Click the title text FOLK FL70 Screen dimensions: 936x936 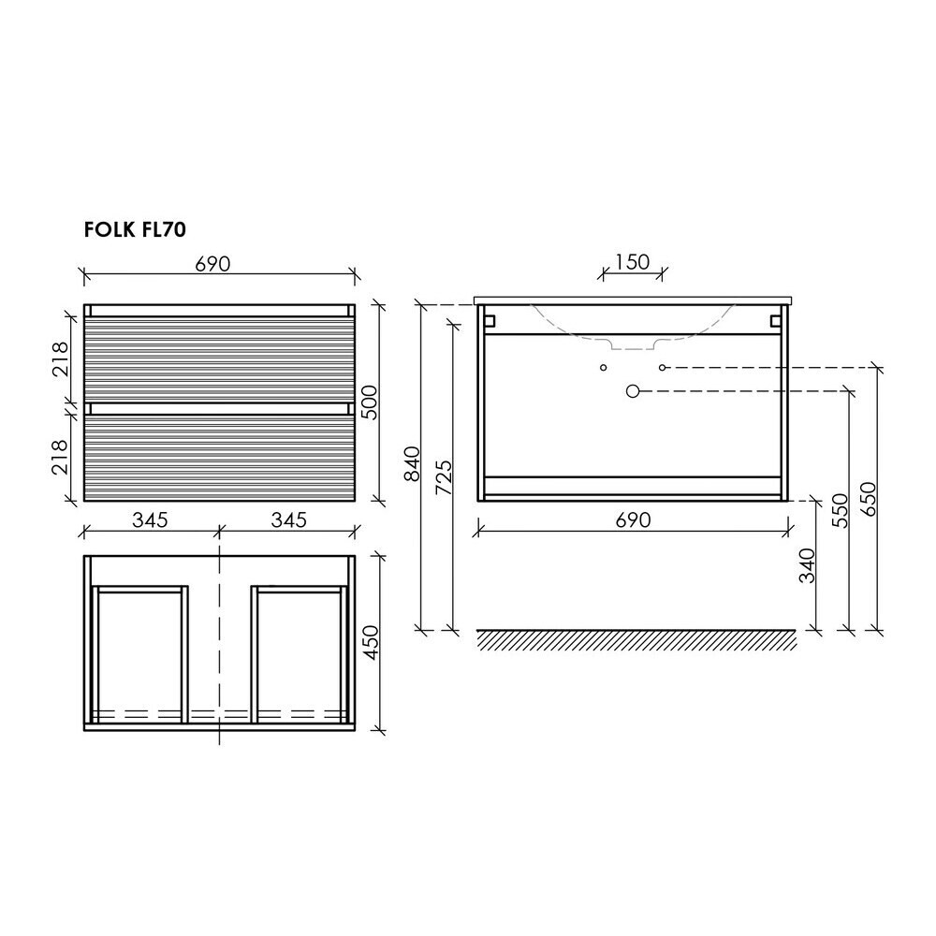(135, 229)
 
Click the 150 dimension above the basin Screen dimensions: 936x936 (633, 261)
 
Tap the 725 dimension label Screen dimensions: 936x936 (443, 477)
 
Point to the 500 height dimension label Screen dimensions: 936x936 (370, 402)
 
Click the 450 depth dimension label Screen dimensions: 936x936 (371, 642)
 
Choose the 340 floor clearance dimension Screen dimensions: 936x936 (807, 565)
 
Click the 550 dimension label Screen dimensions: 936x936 (840, 510)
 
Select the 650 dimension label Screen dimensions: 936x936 (868, 499)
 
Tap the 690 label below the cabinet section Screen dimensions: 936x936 (633, 520)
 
